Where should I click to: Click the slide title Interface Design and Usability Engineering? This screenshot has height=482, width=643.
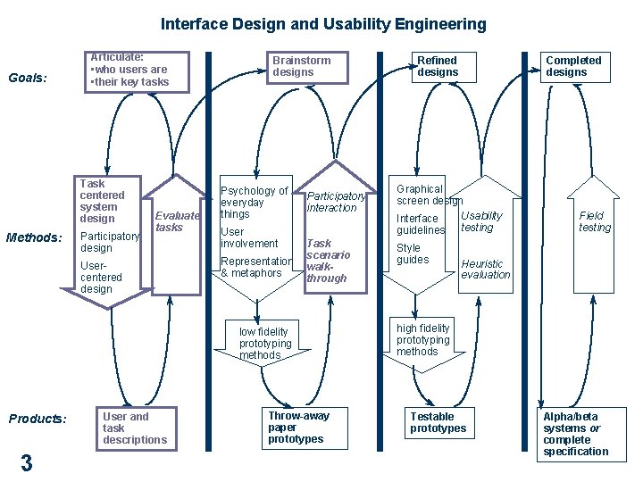(x=323, y=24)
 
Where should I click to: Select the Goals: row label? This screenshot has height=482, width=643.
(x=27, y=78)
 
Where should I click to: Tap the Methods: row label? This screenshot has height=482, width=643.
(x=33, y=237)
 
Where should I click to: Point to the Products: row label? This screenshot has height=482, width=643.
(x=37, y=419)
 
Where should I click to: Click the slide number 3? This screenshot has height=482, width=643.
(x=27, y=462)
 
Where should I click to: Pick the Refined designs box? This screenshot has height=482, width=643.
(x=437, y=67)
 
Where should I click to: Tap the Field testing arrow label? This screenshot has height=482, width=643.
(x=595, y=221)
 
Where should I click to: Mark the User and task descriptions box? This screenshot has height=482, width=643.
(x=136, y=428)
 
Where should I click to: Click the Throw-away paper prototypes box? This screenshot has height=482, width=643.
(x=299, y=428)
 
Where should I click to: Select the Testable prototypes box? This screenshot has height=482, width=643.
(x=438, y=423)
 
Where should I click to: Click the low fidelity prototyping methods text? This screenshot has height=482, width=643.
(x=265, y=344)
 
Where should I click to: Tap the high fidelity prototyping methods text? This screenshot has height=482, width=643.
(x=423, y=340)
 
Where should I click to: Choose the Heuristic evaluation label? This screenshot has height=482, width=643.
(x=485, y=270)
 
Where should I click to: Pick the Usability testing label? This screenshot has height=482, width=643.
(x=481, y=221)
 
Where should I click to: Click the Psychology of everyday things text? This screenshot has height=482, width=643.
(x=254, y=203)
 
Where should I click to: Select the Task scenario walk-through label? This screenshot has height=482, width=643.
(x=328, y=261)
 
